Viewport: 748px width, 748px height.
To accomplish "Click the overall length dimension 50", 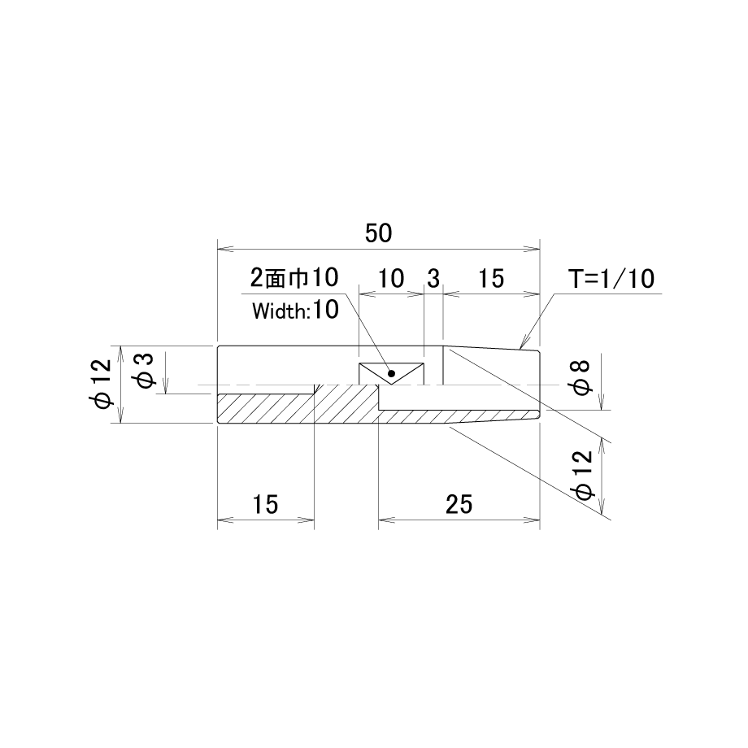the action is point(379,233).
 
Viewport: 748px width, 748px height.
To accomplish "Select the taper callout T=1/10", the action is point(611,279).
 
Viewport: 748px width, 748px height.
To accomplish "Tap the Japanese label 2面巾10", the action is point(294,277).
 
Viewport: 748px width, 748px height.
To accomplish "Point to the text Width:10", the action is point(295,310).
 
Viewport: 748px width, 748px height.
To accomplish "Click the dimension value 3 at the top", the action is point(433,279).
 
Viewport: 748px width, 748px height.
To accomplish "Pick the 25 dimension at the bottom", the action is point(459,504).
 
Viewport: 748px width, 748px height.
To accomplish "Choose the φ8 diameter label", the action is point(582,378).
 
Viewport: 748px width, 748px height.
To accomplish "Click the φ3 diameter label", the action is point(145,370).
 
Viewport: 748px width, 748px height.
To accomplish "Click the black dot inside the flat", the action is point(392,373).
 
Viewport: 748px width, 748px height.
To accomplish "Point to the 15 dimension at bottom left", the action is point(265,504).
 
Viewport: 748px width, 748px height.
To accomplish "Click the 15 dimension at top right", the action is point(491,279).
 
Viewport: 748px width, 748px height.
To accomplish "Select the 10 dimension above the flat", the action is point(391,279).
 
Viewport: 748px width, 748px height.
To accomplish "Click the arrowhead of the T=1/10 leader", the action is point(523,343).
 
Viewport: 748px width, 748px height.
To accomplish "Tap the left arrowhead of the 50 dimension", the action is point(225,249).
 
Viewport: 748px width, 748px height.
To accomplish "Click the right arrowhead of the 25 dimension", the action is point(532,520).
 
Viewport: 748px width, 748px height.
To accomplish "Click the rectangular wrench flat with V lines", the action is point(392,373).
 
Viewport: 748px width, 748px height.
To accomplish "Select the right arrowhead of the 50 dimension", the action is point(532,249).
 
